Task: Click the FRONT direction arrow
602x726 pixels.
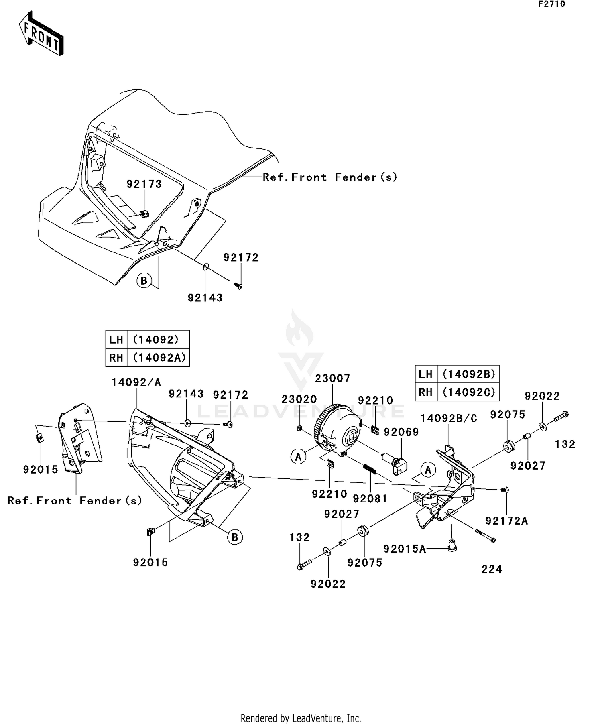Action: pyautogui.click(x=41, y=34)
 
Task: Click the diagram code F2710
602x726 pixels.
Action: pyautogui.click(x=551, y=4)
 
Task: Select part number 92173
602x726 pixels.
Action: pyautogui.click(x=144, y=184)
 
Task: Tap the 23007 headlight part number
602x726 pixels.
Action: pyautogui.click(x=332, y=378)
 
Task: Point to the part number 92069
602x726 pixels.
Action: pyautogui.click(x=401, y=432)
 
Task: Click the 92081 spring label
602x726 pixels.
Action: pyautogui.click(x=370, y=498)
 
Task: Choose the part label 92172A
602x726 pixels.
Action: pyautogui.click(x=506, y=521)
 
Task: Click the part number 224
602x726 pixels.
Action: pyautogui.click(x=492, y=569)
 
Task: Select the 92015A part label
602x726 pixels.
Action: pyautogui.click(x=405, y=549)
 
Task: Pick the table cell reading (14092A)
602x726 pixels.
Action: pyautogui.click(x=159, y=357)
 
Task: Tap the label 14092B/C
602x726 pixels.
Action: pyautogui.click(x=449, y=419)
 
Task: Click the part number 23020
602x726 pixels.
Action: pyautogui.click(x=299, y=399)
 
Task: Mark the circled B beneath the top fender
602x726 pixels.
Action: pyautogui.click(x=144, y=280)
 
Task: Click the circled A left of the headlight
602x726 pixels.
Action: pyautogui.click(x=298, y=457)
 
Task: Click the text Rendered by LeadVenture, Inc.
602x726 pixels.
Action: pyautogui.click(x=301, y=718)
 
